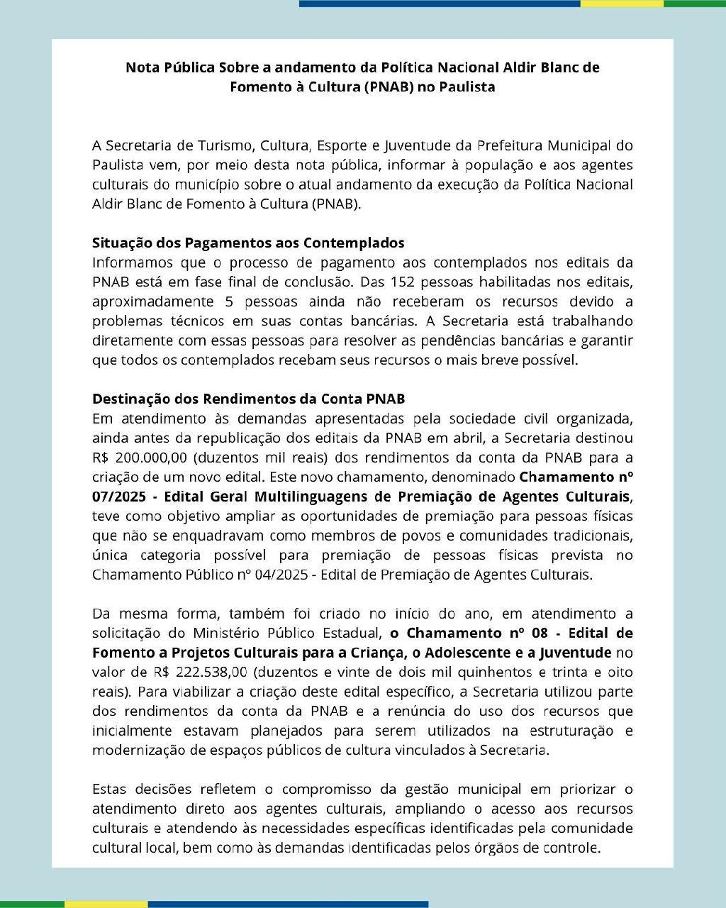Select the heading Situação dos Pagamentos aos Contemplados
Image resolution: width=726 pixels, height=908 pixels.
pos(248,243)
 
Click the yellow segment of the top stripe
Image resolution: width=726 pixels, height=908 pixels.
pos(622,4)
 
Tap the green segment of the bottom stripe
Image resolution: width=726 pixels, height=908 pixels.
pos(32,904)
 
